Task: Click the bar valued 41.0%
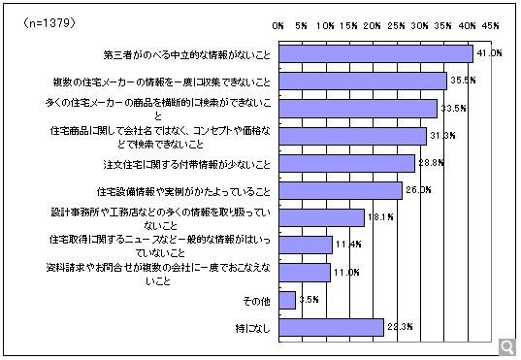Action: tap(374, 53)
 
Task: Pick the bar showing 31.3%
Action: tap(352, 135)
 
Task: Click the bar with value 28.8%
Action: tap(346, 162)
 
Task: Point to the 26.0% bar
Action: tap(340, 189)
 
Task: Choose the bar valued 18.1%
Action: tap(321, 217)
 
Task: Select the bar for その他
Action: tap(286, 300)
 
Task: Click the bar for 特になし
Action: tap(331, 327)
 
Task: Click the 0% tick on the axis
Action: tap(278, 23)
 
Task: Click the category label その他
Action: tap(254, 300)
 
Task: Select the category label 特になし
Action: tap(250, 327)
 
